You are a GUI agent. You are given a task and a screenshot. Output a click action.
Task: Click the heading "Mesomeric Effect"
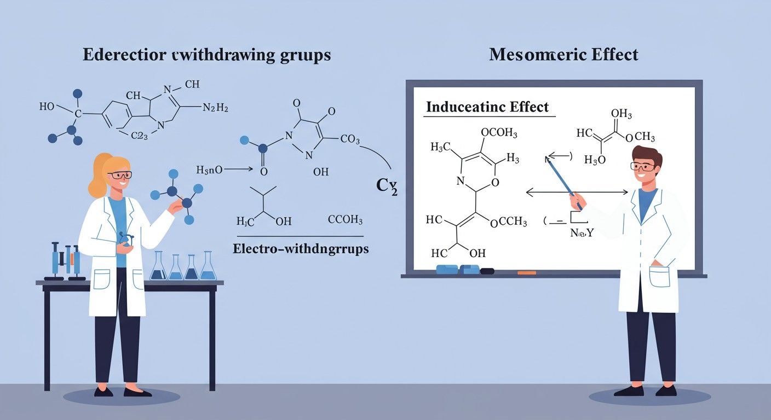click(x=564, y=55)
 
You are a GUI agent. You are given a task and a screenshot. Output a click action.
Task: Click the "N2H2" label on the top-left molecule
click(x=215, y=108)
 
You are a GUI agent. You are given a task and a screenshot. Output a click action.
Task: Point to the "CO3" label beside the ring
click(x=350, y=140)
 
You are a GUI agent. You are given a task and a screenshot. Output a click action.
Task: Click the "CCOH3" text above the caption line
click(x=345, y=220)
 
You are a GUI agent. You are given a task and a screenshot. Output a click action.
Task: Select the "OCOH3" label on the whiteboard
click(x=498, y=133)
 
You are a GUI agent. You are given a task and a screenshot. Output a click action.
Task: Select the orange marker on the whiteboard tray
click(x=526, y=272)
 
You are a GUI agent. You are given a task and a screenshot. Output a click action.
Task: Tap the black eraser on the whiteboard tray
click(x=487, y=271)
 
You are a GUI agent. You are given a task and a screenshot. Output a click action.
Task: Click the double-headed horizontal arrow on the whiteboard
click(x=576, y=192)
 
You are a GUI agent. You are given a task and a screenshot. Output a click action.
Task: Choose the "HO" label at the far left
click(x=47, y=106)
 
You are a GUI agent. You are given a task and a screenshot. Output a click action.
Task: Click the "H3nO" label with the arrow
click(x=209, y=170)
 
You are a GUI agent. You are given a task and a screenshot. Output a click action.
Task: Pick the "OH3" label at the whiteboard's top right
click(x=621, y=114)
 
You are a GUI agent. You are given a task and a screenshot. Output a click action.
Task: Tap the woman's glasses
click(x=120, y=175)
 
